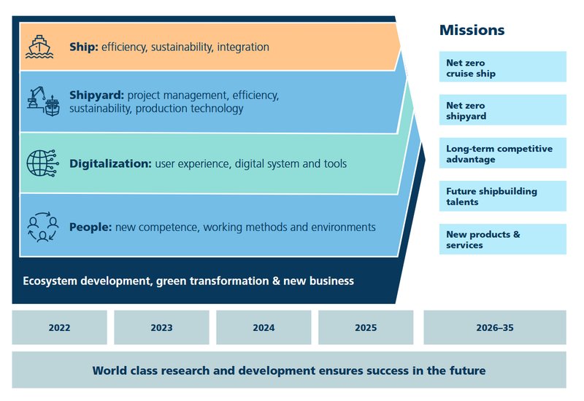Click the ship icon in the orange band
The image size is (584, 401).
[x=39, y=47]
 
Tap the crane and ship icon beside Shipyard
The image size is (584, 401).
[x=43, y=101]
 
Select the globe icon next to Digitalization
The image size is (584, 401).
[x=42, y=163]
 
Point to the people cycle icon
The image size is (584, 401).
[x=43, y=227]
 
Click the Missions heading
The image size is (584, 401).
[x=472, y=30]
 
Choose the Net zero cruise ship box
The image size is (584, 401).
[x=502, y=66]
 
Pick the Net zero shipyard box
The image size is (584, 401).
[x=502, y=110]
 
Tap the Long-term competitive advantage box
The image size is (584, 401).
[x=502, y=153]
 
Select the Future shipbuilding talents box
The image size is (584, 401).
[x=502, y=196]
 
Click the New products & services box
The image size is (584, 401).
[x=502, y=239]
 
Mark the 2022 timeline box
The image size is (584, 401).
[x=60, y=327]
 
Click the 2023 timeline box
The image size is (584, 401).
[x=161, y=327]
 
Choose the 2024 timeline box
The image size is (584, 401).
[x=264, y=327]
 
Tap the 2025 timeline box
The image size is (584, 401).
[x=366, y=327]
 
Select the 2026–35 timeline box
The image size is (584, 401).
[x=495, y=327]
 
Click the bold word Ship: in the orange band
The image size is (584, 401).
[x=84, y=47]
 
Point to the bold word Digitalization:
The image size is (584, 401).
[x=110, y=163]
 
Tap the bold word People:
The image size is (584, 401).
[x=91, y=227]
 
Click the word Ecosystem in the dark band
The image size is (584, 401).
[x=49, y=281]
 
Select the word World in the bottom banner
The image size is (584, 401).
[x=109, y=370]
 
